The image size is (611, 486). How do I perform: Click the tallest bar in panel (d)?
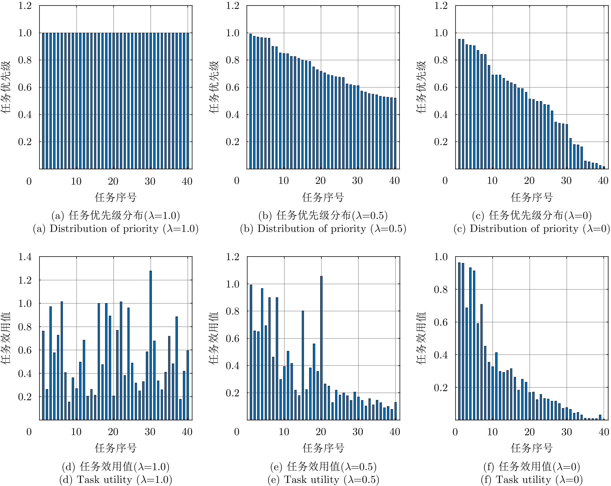[151, 345]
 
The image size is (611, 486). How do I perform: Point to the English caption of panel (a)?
[116, 229]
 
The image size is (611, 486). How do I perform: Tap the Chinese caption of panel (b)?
[323, 216]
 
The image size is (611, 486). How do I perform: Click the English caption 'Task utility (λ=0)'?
[532, 479]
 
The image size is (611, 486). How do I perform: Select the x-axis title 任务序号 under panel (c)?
[532, 197]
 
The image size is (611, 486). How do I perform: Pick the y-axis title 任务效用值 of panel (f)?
[422, 338]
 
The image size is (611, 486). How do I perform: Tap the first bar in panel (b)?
[251, 101]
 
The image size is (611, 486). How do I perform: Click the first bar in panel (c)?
[459, 104]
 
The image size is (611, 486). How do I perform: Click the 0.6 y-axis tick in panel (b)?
[232, 87]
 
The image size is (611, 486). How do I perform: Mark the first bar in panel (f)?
[459, 341]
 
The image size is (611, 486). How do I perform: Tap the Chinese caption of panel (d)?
[116, 466]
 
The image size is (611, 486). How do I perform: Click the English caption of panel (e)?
[323, 479]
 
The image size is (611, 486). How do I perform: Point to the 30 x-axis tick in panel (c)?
[566, 181]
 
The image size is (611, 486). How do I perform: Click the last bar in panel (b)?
[395, 133]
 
